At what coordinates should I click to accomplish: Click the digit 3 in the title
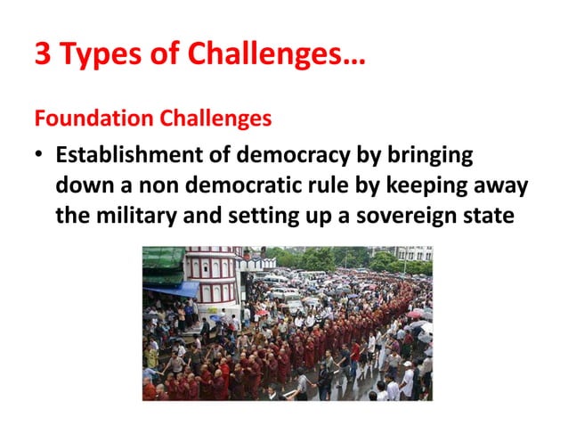[x=43, y=56]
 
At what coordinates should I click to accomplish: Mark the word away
[x=505, y=185]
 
